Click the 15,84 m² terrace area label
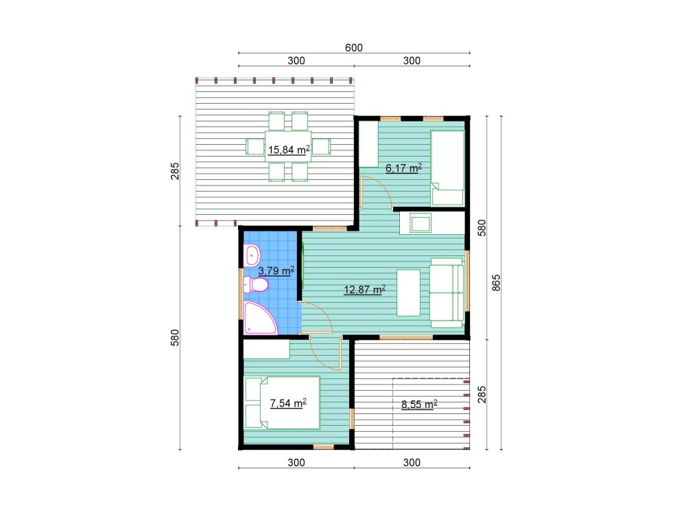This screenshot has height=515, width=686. tap(288, 150)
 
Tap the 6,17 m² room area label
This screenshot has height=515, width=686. tap(403, 167)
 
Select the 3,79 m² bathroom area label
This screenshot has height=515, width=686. tap(276, 270)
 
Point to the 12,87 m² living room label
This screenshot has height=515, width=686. tap(364, 290)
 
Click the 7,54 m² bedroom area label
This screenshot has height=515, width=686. tap(287, 403)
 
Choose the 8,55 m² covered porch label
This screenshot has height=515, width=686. tap(419, 404)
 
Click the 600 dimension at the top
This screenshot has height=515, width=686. tap(353, 47)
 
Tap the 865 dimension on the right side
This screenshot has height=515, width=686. tap(497, 283)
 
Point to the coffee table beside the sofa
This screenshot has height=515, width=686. tap(408, 293)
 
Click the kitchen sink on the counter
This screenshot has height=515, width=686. tap(419, 222)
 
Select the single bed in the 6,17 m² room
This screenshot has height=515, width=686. tap(447, 168)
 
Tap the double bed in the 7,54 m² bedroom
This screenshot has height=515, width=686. tap(283, 402)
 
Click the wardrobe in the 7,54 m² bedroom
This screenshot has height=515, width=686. tap(266, 350)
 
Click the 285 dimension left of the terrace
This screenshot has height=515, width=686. tap(174, 170)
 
